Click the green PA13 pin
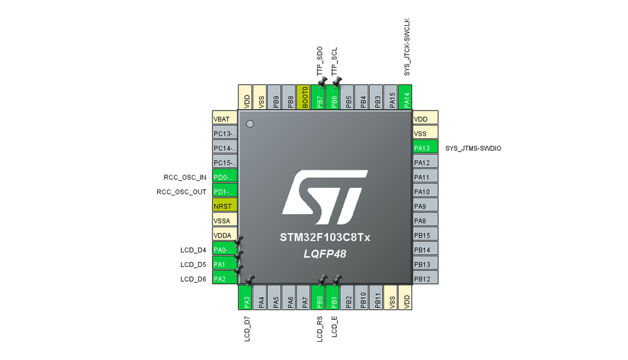click(425, 148)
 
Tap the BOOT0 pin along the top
click(304, 97)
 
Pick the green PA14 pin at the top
click(406, 97)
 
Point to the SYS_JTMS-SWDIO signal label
click(473, 148)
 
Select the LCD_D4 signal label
click(193, 250)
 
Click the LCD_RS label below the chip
click(319, 329)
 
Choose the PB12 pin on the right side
click(425, 278)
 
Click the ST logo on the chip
click(325, 196)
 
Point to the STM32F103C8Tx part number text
click(325, 238)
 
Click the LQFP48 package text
click(325, 254)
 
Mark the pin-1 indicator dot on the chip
click(250, 124)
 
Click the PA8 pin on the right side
click(425, 221)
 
